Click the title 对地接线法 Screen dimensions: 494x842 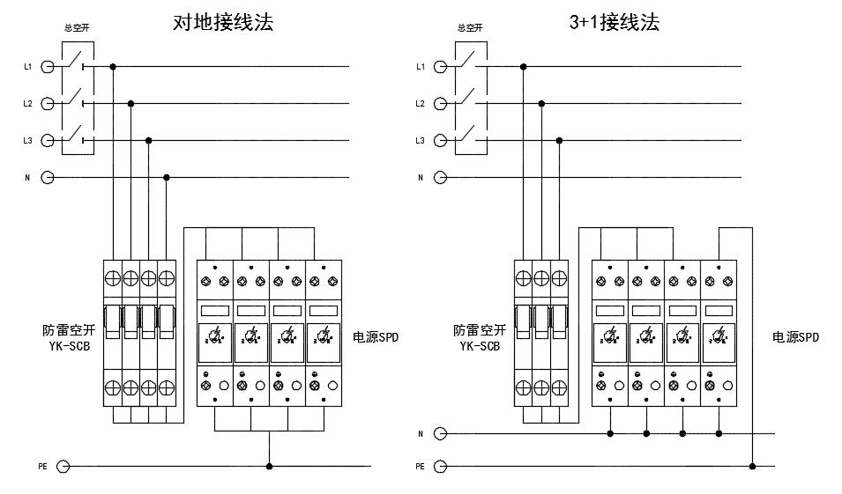click(x=223, y=23)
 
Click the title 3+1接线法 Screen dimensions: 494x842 click(x=615, y=23)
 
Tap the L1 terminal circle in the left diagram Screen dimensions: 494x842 click(x=48, y=66)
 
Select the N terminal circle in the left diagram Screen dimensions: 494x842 click(x=48, y=177)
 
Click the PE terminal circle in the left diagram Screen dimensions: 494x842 click(x=63, y=466)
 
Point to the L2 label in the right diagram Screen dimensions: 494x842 click(x=421, y=104)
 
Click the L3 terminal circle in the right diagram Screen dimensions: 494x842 click(x=441, y=140)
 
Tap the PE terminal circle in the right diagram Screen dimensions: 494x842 click(x=441, y=466)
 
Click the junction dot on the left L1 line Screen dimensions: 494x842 click(x=113, y=66)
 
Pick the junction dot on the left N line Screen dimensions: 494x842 click(x=167, y=177)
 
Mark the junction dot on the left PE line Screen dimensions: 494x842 click(x=269, y=466)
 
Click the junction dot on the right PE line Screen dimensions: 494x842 click(x=752, y=466)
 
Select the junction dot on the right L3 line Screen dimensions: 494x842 click(x=559, y=140)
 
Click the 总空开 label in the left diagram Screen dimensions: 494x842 click(x=76, y=27)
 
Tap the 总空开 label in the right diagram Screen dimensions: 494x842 click(x=470, y=27)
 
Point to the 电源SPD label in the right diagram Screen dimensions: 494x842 click(x=796, y=337)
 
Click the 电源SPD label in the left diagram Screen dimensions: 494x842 click(x=376, y=337)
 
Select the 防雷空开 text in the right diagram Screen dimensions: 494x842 click(x=480, y=330)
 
